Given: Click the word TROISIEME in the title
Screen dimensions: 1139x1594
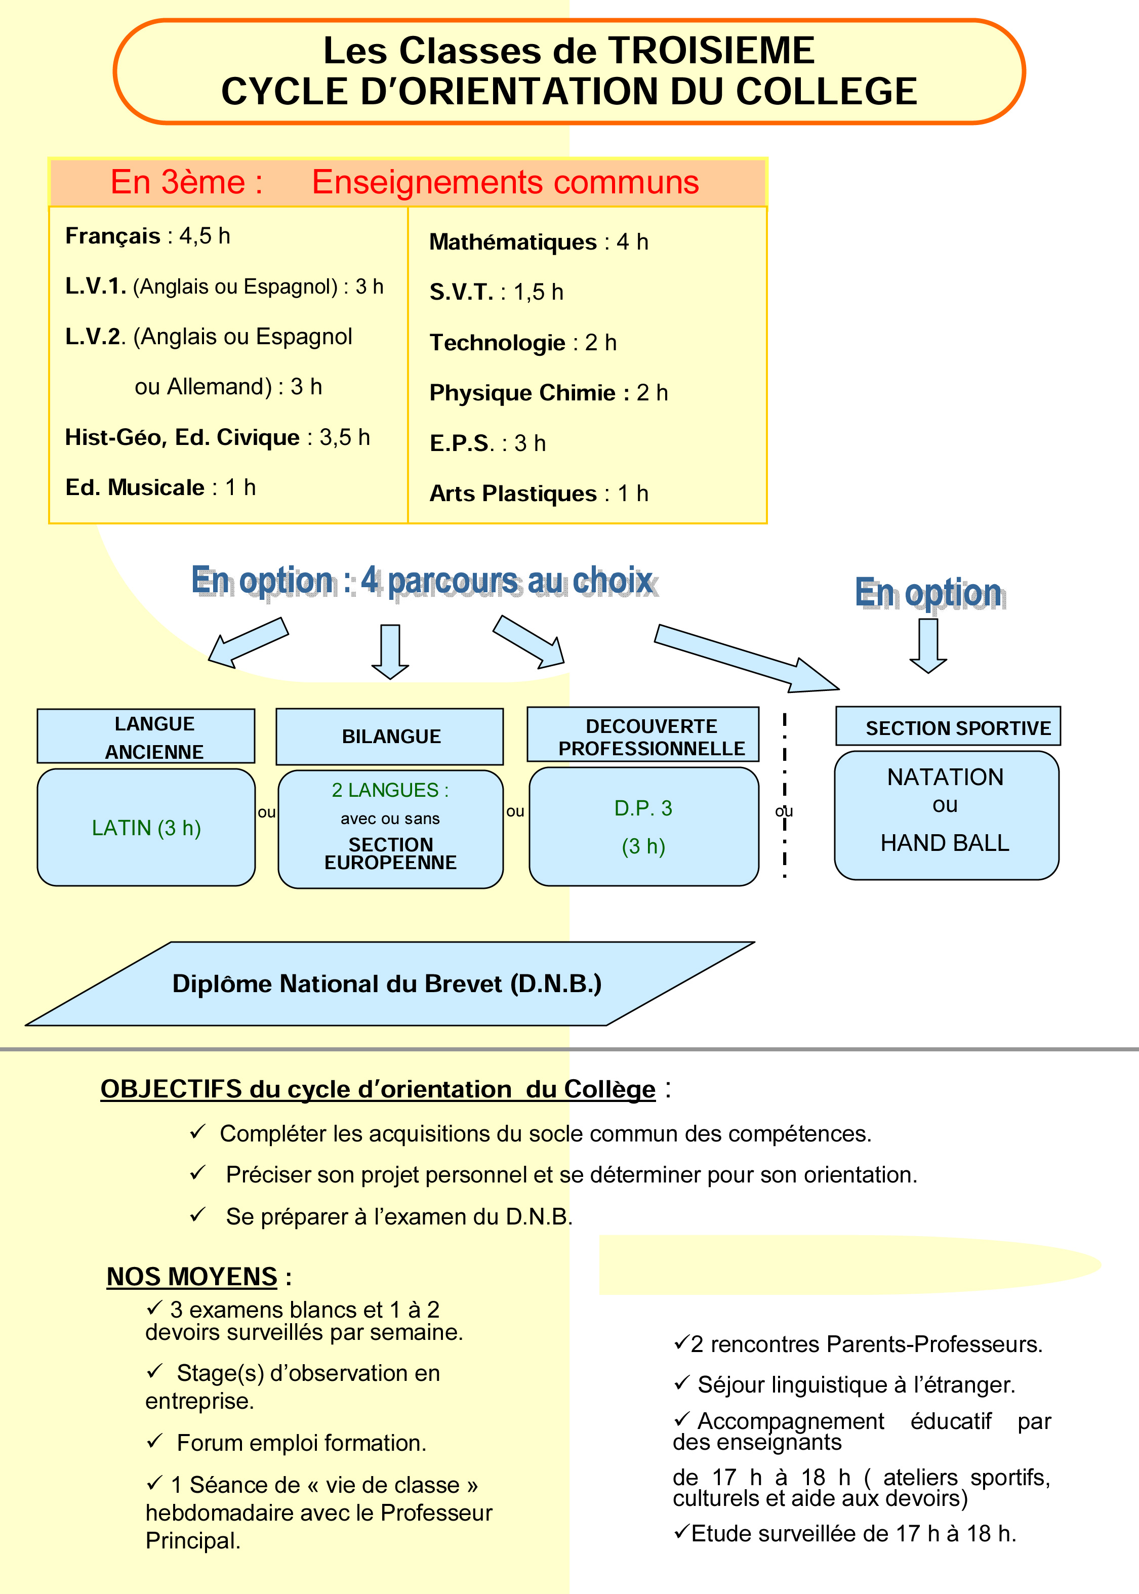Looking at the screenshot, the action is click(x=711, y=51).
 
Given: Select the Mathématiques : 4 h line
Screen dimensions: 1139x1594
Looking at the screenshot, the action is click(x=539, y=242).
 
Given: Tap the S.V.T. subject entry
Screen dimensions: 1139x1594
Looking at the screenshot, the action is click(x=497, y=292).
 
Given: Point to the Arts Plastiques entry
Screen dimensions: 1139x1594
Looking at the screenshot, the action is click(x=539, y=494).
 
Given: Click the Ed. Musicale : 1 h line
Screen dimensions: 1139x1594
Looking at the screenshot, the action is click(x=160, y=487).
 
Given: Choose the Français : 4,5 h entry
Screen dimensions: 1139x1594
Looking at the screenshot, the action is click(x=147, y=236).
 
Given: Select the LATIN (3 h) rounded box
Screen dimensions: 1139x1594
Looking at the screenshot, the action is click(x=146, y=828).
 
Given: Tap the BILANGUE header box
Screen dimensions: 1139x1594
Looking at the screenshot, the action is click(x=390, y=737).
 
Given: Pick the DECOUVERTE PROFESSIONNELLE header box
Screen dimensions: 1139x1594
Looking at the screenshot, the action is click(x=643, y=735).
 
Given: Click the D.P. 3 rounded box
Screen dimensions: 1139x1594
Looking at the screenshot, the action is click(x=644, y=827).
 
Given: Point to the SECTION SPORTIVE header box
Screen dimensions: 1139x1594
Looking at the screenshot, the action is click(x=948, y=726).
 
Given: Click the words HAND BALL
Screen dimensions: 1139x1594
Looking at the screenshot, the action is click(x=945, y=843).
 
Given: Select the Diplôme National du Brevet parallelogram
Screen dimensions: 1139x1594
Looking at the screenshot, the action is click(x=390, y=984).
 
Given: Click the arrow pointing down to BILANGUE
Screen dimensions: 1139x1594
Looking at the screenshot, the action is click(x=390, y=652).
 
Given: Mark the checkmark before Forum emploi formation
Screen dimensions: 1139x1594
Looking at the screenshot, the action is click(x=154, y=1441).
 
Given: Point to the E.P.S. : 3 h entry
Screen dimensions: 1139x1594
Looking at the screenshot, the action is click(x=487, y=443).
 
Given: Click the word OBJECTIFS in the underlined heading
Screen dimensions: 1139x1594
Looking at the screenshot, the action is click(x=172, y=1089).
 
